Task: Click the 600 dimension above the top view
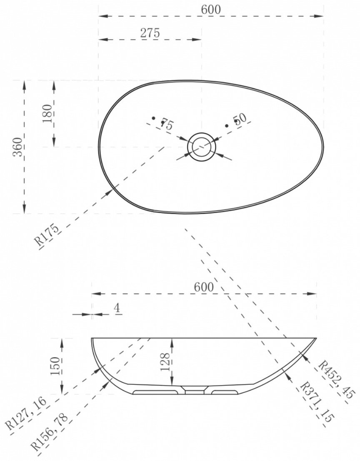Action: click(211, 10)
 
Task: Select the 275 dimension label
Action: click(150, 33)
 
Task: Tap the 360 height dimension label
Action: click(18, 147)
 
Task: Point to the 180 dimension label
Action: click(47, 113)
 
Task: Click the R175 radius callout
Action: click(47, 236)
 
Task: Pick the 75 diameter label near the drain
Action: click(167, 124)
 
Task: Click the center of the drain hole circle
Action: click(202, 147)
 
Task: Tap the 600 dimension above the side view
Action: click(204, 287)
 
